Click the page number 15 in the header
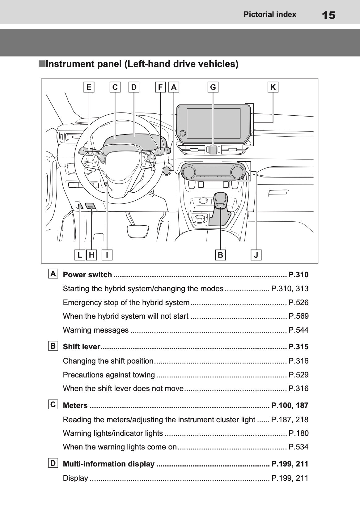pyautogui.click(x=328, y=15)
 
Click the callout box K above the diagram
pyautogui.click(x=273, y=87)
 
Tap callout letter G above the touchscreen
pyautogui.click(x=213, y=87)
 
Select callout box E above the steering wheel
pyautogui.click(x=89, y=87)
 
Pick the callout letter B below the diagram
pyautogui.click(x=220, y=255)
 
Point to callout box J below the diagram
pyautogui.click(x=256, y=255)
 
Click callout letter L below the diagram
pyautogui.click(x=80, y=255)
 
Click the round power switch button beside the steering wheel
pyautogui.click(x=167, y=170)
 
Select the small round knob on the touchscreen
pyautogui.click(x=183, y=133)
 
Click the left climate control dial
pyautogui.click(x=188, y=171)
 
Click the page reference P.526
pyautogui.click(x=298, y=302)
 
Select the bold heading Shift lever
pyautogui.click(x=82, y=347)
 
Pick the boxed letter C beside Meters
pyautogui.click(x=53, y=404)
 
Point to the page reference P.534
pyautogui.click(x=298, y=447)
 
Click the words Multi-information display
pyautogui.click(x=108, y=464)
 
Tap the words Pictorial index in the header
pyautogui.click(x=270, y=15)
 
